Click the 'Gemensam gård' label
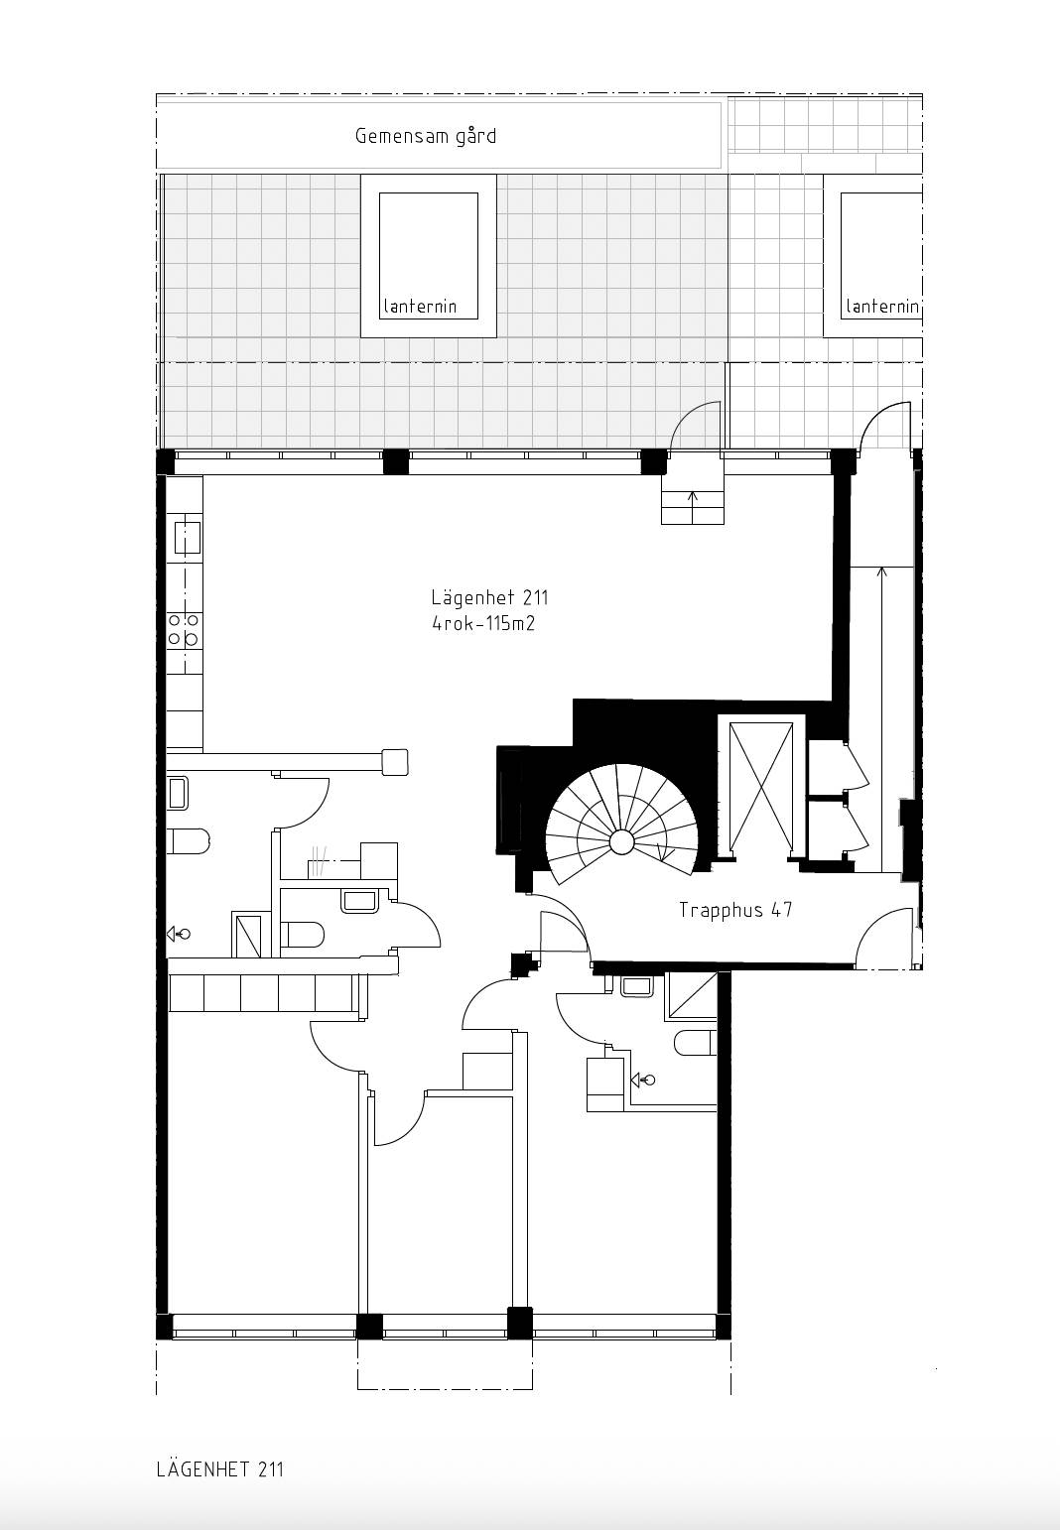pyautogui.click(x=425, y=136)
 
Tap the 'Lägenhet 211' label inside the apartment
pyautogui.click(x=489, y=597)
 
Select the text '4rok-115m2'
pyautogui.click(x=483, y=624)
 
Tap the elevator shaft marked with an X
pyautogui.click(x=761, y=787)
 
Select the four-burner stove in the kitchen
pyautogui.click(x=184, y=629)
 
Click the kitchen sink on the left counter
pyautogui.click(x=187, y=537)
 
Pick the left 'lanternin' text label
pyautogui.click(x=420, y=306)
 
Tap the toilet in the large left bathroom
pyautogui.click(x=188, y=841)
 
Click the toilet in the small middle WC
pyautogui.click(x=302, y=935)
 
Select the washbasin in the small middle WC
pyautogui.click(x=359, y=901)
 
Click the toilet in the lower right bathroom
pyautogui.click(x=695, y=1042)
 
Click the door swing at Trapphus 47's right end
pyautogui.click(x=885, y=937)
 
